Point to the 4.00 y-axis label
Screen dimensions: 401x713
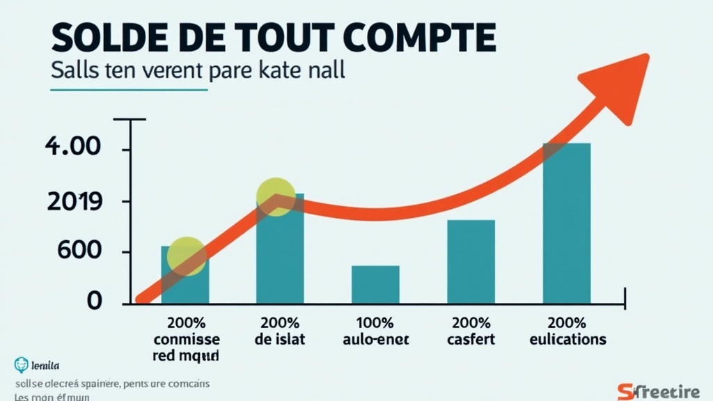(x=73, y=148)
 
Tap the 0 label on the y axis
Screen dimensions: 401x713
(x=94, y=301)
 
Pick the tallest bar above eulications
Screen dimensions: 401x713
(x=567, y=223)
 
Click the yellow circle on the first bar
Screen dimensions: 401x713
(x=187, y=255)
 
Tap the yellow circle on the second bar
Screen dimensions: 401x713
(x=276, y=196)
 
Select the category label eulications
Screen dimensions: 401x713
(x=567, y=340)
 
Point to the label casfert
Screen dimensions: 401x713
(x=471, y=340)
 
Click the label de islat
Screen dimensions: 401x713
(x=281, y=340)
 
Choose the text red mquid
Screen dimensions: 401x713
(x=185, y=356)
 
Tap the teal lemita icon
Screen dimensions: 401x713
(x=19, y=364)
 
